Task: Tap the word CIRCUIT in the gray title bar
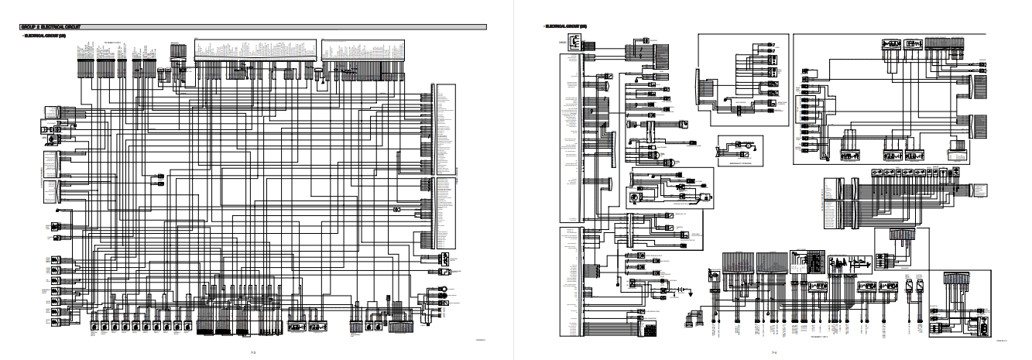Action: [x=69, y=26]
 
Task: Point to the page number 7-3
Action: [x=252, y=352]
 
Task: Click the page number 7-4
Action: [x=774, y=352]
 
